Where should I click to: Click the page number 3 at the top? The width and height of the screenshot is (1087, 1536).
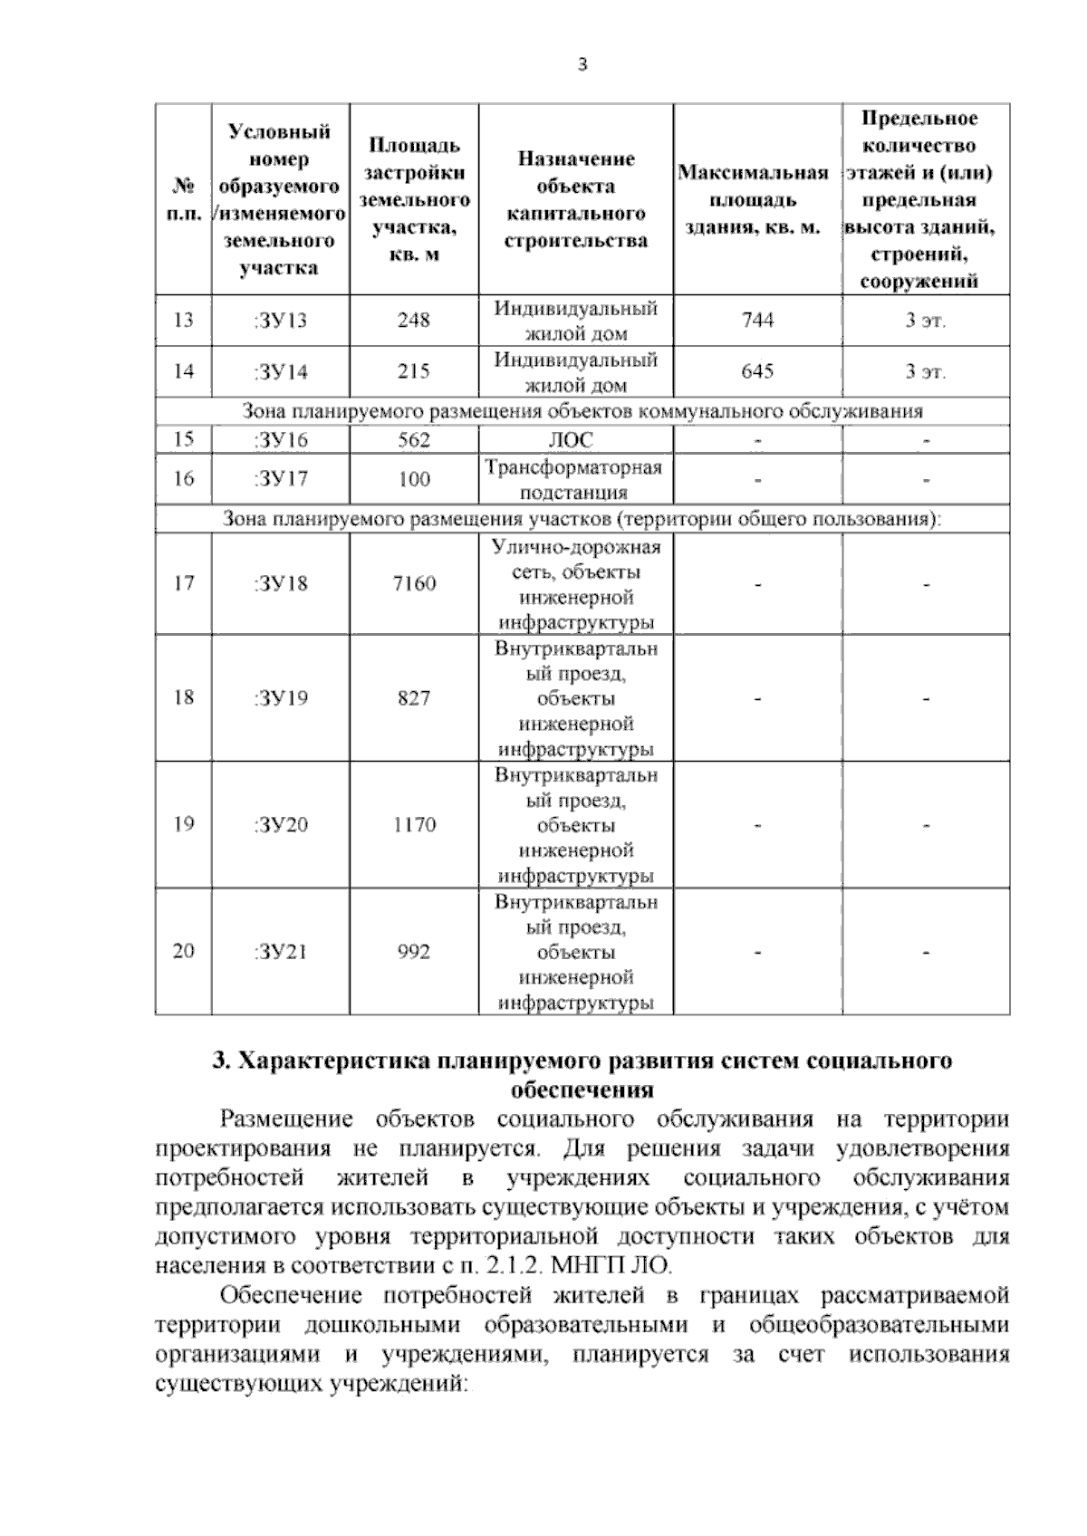click(582, 64)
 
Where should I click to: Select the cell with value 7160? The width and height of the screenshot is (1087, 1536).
click(414, 583)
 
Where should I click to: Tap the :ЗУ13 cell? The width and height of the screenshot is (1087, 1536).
click(281, 320)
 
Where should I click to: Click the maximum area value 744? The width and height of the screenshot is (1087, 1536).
click(757, 320)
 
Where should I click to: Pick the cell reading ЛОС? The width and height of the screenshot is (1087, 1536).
click(575, 440)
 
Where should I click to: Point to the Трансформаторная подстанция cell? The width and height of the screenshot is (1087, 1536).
click(575, 479)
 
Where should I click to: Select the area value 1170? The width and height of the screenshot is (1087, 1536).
click(414, 824)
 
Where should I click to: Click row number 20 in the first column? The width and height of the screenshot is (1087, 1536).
click(183, 951)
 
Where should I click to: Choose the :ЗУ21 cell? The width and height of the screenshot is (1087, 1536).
click(281, 951)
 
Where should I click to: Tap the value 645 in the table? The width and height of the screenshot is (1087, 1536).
click(757, 371)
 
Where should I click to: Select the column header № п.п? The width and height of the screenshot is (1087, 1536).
click(183, 199)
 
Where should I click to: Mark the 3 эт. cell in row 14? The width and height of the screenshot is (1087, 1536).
click(925, 371)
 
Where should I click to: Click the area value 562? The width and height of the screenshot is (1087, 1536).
click(414, 440)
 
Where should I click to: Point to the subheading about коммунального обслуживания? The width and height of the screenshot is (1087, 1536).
click(582, 412)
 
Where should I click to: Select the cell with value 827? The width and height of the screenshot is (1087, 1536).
click(414, 697)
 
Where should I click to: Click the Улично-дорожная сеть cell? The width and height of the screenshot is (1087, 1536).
click(575, 584)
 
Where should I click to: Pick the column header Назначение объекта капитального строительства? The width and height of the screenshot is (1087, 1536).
click(575, 199)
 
